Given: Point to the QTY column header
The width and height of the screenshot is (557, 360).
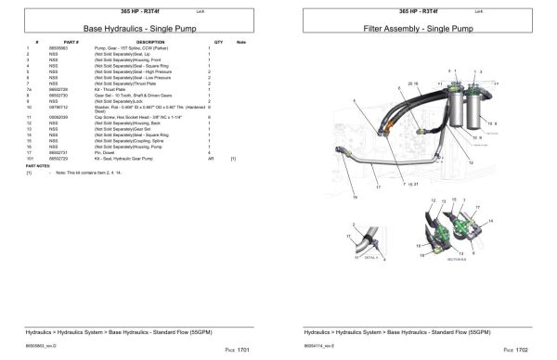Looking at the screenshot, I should pos(218,43).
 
